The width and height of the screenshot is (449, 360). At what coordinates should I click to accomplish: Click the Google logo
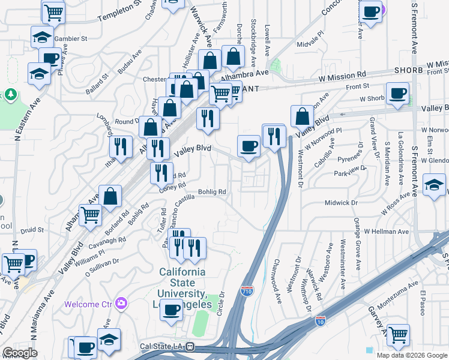(x=20, y=352)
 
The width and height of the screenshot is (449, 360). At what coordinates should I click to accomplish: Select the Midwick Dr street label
(x=341, y=203)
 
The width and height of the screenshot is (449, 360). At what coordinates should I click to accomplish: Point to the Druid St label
(x=32, y=229)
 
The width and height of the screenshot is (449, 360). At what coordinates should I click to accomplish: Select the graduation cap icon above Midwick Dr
(x=434, y=184)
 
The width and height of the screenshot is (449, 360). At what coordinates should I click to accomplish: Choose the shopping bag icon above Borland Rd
(x=110, y=196)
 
